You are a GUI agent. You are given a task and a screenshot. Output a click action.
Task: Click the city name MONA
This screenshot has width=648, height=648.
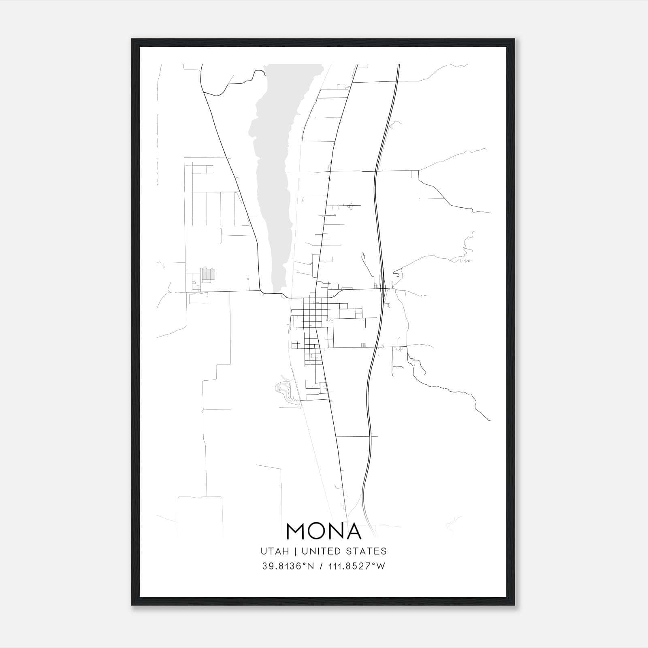pos(324,531)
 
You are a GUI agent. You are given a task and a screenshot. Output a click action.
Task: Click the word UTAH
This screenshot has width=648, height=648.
pos(275,551)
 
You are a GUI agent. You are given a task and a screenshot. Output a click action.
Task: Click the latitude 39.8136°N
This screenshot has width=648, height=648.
pos(288,566)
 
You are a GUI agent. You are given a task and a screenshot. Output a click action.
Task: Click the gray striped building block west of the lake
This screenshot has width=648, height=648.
pos(208,274)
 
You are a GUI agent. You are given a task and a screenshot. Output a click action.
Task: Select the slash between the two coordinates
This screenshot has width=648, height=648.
pos(321,566)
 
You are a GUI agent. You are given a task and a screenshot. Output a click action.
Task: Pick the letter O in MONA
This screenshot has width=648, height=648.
pos(318,531)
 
